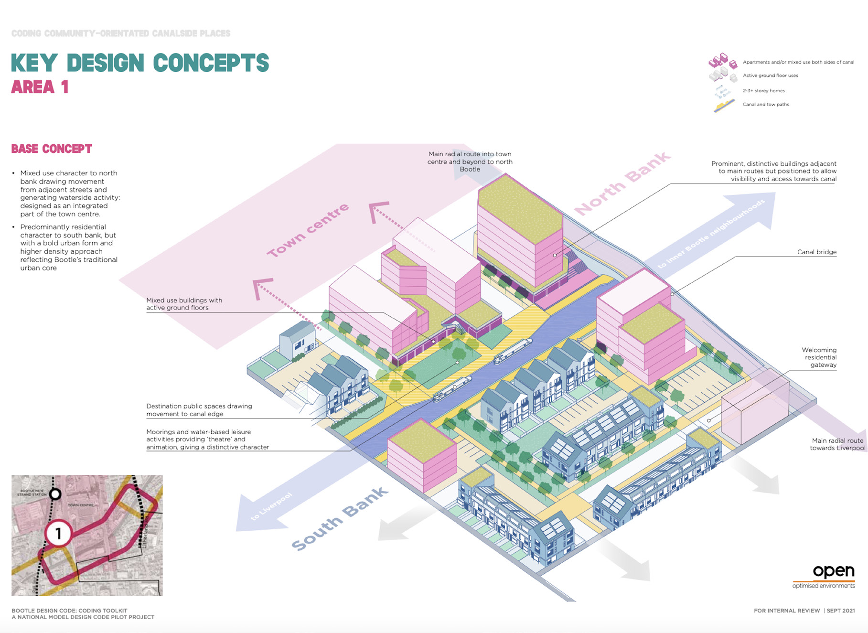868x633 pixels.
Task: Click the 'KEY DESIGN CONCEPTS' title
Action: coord(140,63)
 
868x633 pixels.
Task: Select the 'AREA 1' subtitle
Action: coord(40,87)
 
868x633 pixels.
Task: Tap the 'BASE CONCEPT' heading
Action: coord(52,149)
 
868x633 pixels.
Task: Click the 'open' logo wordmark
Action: coord(833,571)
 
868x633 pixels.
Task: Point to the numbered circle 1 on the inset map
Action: coord(58,533)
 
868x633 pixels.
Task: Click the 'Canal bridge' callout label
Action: coord(816,252)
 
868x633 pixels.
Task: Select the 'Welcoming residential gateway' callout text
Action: coord(820,357)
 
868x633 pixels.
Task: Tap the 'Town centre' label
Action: coord(308,230)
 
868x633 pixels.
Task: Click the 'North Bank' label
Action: coord(622,184)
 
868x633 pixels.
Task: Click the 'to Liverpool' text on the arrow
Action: coord(271,506)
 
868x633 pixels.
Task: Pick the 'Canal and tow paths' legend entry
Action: coord(765,105)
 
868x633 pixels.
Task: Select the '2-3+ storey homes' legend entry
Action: coord(763,91)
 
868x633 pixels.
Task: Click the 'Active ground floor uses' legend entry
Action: coord(770,75)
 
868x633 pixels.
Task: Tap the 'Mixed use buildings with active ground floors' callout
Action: coord(184,304)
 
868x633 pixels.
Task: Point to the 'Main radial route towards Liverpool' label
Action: coord(837,444)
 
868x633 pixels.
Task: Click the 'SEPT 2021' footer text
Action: coord(841,611)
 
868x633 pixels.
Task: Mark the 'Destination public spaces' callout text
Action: coord(199,410)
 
